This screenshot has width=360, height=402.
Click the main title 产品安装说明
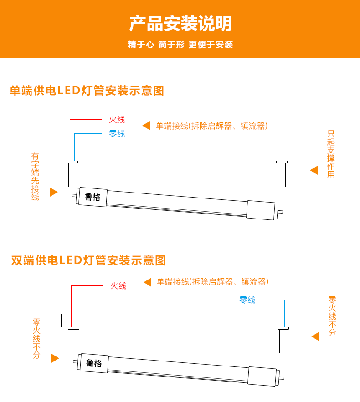180,23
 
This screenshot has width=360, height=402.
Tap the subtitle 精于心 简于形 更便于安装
180,44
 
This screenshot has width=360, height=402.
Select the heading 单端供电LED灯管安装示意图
87,91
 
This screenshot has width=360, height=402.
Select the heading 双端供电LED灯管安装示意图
88,260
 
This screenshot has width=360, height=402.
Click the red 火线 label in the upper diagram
117,119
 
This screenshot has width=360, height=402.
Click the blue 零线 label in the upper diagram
117,133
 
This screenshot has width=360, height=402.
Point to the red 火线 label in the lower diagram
118,285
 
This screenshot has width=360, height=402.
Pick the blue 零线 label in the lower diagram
247,300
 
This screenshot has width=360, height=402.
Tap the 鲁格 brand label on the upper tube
93,197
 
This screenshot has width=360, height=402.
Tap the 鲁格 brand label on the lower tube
94,363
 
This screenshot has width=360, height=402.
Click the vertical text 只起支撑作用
331,154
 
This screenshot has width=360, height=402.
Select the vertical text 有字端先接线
35,177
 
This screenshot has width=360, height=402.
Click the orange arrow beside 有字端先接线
54,192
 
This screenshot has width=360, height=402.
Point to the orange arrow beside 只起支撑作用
314,170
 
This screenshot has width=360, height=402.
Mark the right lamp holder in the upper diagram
282,174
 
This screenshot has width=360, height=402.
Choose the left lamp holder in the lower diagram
73,340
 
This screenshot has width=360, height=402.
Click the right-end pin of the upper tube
280,212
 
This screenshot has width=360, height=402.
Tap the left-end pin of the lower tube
76,362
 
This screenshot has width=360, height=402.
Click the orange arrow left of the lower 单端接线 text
148,282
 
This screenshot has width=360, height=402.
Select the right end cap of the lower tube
262,377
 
